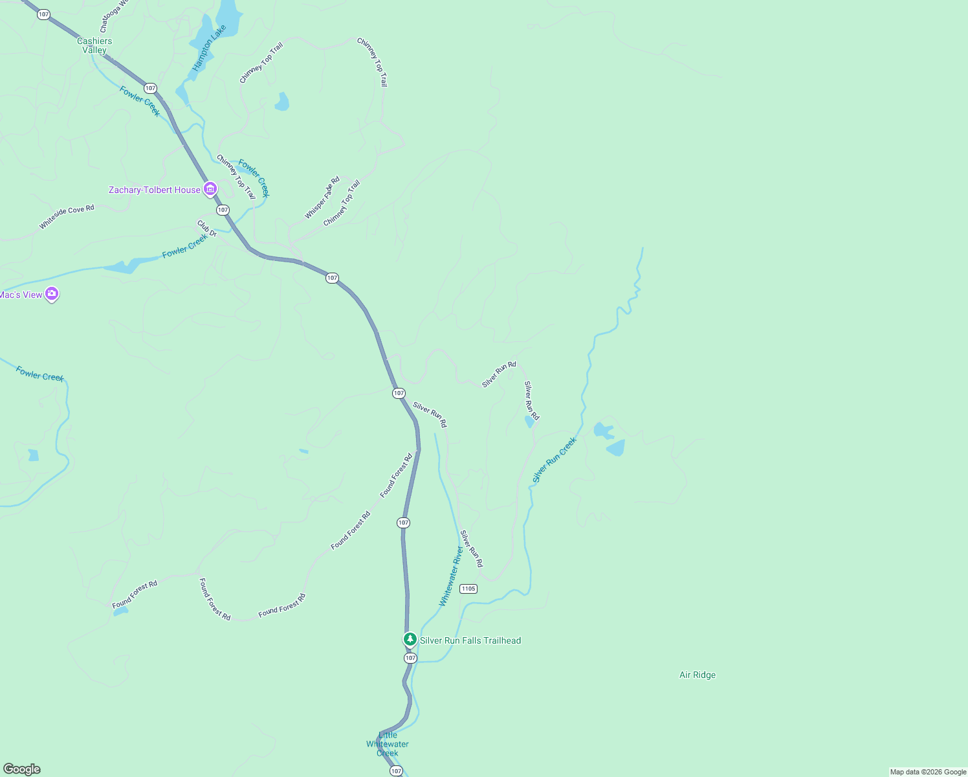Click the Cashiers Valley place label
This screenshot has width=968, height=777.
94,45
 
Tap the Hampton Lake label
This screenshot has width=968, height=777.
210,48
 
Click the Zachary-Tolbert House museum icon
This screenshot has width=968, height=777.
210,189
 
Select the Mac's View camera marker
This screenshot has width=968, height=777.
52,294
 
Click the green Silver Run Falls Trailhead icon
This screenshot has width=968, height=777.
410,639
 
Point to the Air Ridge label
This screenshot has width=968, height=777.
698,675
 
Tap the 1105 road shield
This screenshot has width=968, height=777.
468,589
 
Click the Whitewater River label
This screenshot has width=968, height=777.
452,576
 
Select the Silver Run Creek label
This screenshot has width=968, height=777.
555,460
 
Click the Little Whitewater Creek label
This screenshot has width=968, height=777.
388,744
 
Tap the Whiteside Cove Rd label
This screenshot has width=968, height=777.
67,217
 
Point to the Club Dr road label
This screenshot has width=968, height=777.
207,229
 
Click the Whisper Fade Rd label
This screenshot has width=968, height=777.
322,197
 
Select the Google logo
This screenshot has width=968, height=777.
22,769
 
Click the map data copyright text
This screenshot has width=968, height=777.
928,772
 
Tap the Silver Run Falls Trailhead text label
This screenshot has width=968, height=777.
470,640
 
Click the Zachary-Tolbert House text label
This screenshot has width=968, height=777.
155,190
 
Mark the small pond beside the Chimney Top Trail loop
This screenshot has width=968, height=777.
282,102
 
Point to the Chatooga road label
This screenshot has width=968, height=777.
114,17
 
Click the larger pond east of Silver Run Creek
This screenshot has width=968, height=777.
616,447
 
